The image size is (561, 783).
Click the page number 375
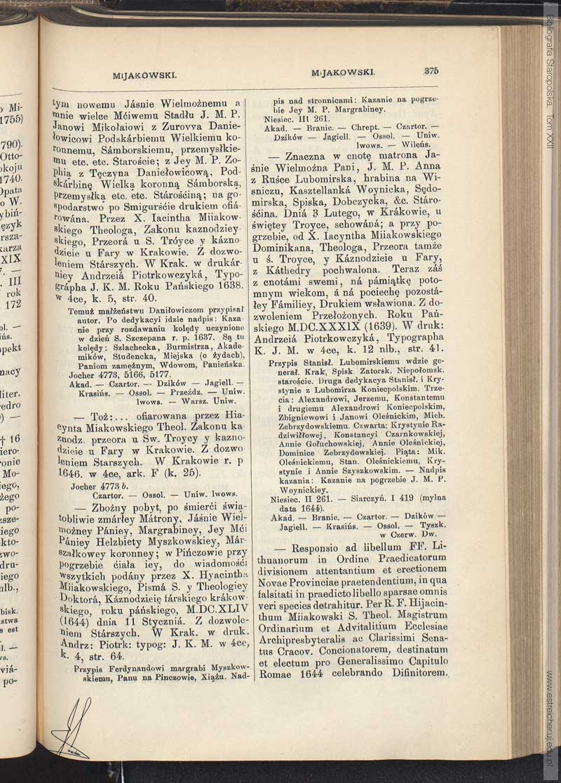point(431,70)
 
